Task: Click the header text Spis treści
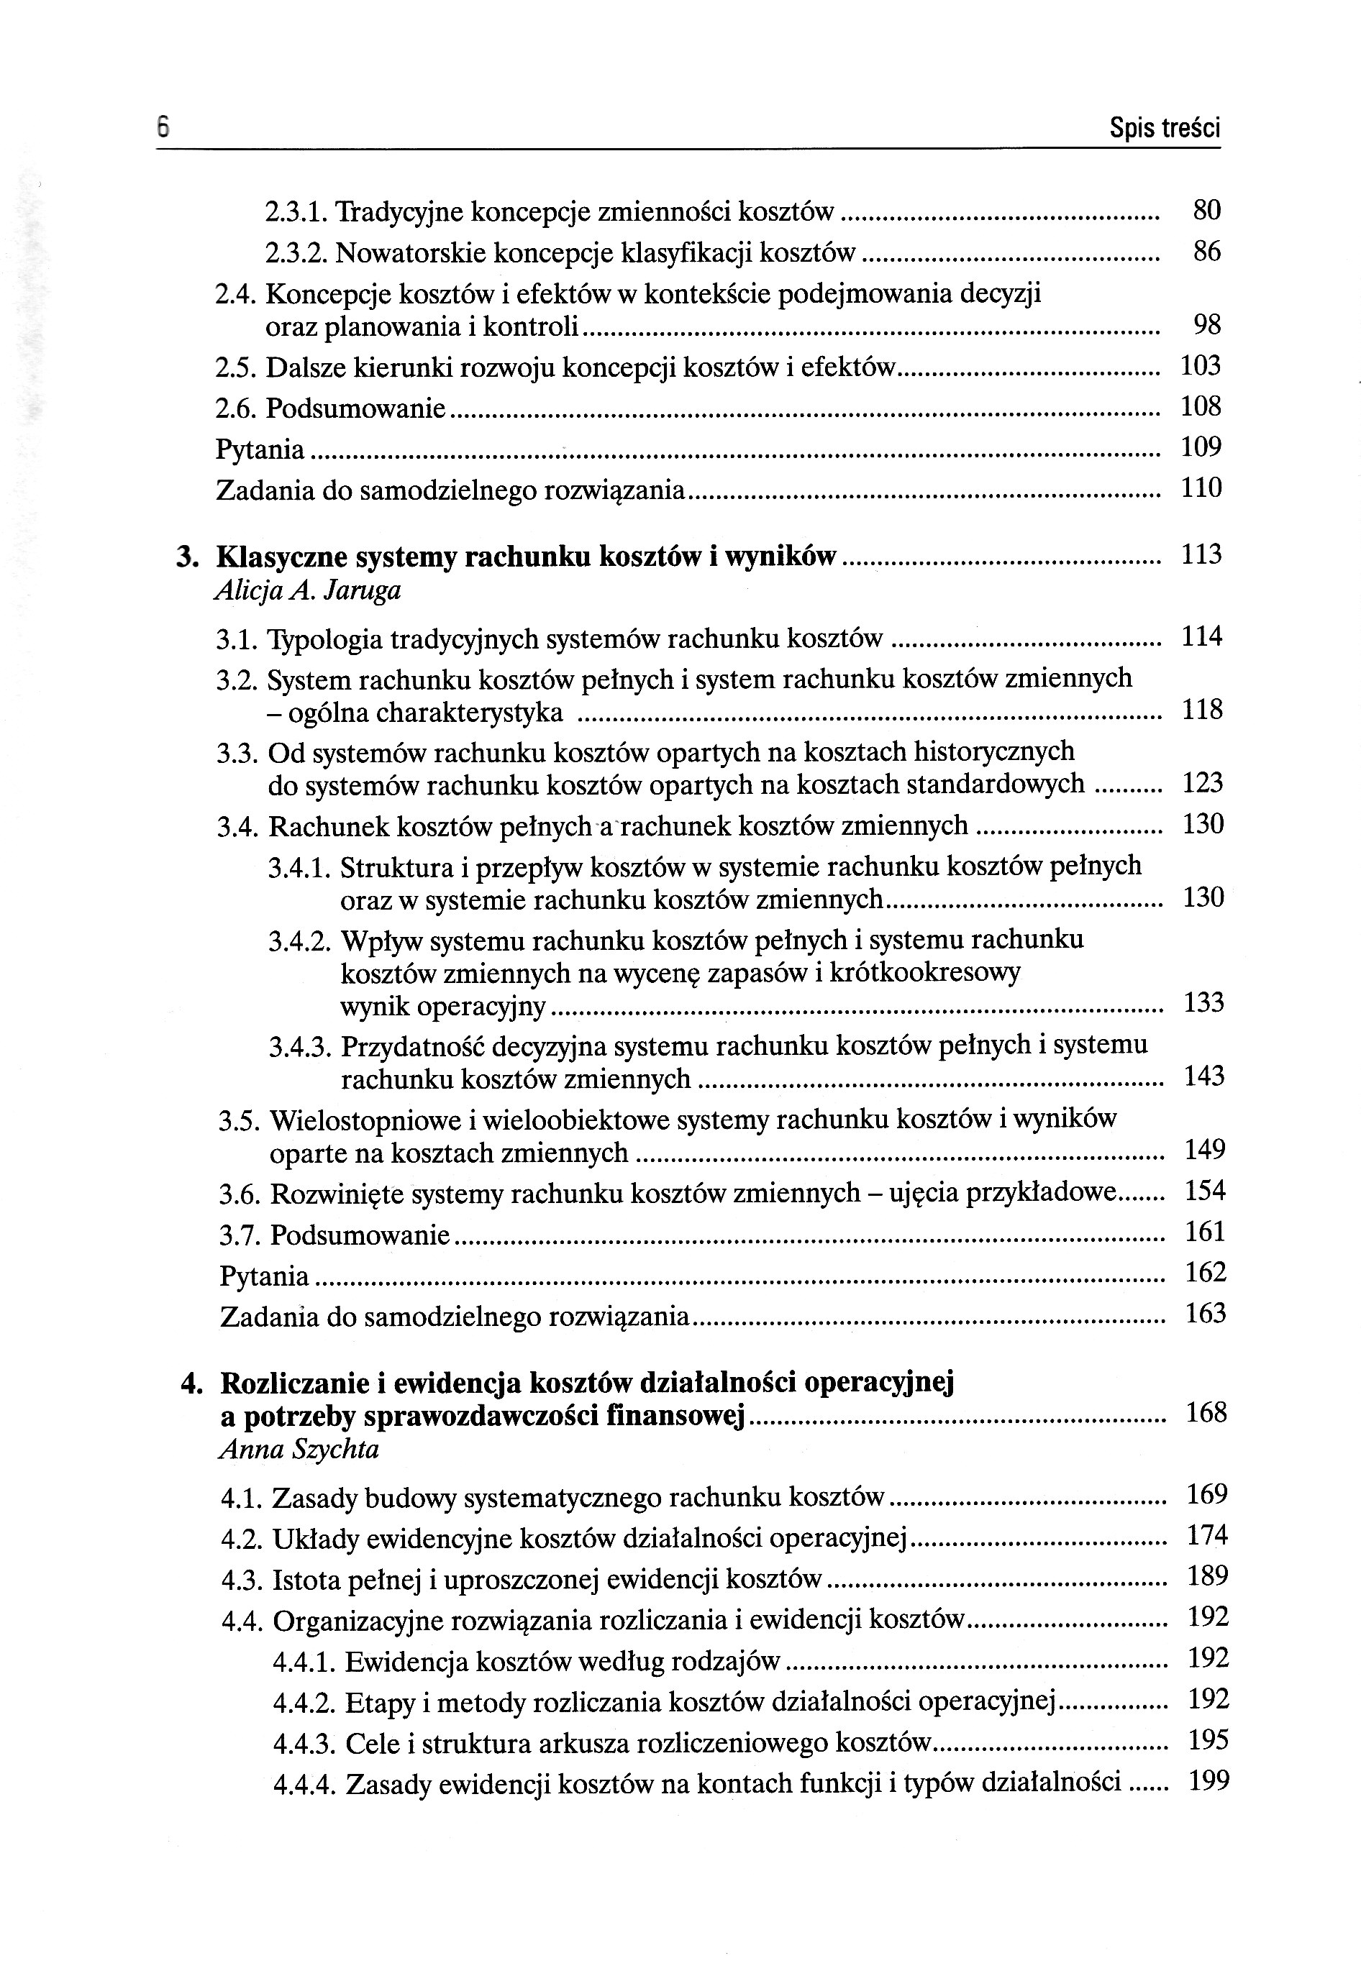point(1164,129)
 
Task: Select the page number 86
point(1206,252)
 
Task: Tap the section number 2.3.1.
point(295,211)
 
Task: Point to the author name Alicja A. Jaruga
point(308,591)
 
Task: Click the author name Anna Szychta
point(299,1449)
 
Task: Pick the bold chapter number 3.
point(187,557)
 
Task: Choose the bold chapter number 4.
point(191,1383)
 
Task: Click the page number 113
point(1201,555)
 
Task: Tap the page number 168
point(1206,1412)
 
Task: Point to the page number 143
point(1204,1076)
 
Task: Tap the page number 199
point(1208,1781)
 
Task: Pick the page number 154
point(1205,1191)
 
